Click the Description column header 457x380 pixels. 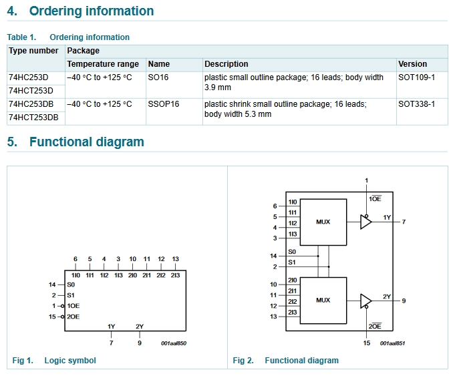[226, 64]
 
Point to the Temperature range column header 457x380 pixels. [103, 64]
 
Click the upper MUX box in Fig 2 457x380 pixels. [323, 222]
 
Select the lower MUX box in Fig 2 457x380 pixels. [323, 301]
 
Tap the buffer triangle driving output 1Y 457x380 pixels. [365, 222]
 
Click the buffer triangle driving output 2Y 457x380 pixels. [365, 301]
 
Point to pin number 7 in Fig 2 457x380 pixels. [404, 222]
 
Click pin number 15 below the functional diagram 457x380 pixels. [367, 343]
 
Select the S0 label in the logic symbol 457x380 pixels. [71, 284]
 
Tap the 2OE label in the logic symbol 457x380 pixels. [73, 317]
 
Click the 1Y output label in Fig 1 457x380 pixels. [112, 327]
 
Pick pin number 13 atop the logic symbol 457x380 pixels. [175, 259]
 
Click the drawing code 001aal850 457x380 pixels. [174, 343]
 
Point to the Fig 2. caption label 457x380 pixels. [243, 361]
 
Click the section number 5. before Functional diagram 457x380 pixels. [12, 142]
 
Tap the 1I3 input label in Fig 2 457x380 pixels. [293, 234]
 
